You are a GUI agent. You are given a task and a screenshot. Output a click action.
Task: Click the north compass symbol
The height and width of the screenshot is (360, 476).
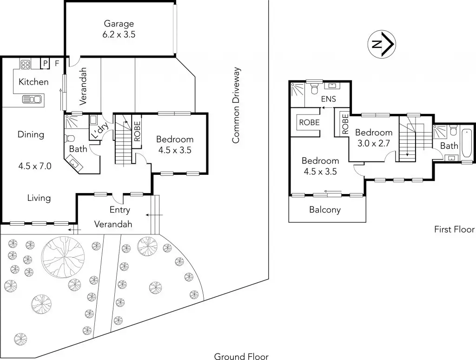[x=382, y=44]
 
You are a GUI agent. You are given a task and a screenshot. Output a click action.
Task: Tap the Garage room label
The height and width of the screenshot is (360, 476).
[x=119, y=23]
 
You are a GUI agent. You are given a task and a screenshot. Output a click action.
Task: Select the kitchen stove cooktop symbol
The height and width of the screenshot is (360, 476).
[x=25, y=64]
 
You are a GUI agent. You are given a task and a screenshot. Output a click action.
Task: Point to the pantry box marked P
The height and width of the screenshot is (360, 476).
[x=45, y=64]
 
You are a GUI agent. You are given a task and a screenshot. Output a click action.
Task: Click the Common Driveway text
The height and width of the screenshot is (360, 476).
[x=236, y=105]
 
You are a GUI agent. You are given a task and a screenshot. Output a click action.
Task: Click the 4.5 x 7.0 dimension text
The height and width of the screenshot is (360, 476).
[x=34, y=166]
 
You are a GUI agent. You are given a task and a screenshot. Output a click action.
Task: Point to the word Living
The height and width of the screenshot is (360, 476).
[x=39, y=198]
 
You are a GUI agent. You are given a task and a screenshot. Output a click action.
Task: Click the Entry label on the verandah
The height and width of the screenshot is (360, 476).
[x=119, y=210]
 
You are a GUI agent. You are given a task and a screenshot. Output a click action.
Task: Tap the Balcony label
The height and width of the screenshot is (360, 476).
[x=325, y=210]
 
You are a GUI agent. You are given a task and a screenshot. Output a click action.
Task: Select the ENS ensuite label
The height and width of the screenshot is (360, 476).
[x=329, y=99]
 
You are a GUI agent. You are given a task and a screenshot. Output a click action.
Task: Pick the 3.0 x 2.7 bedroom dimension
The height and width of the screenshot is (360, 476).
[x=373, y=143]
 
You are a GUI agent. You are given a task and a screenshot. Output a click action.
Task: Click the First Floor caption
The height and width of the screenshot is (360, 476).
[x=454, y=229]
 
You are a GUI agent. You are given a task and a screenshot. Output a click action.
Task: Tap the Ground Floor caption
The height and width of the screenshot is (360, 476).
[x=241, y=356]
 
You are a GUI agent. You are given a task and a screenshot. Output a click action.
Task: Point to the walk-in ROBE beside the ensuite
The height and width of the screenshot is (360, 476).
[x=309, y=122]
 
